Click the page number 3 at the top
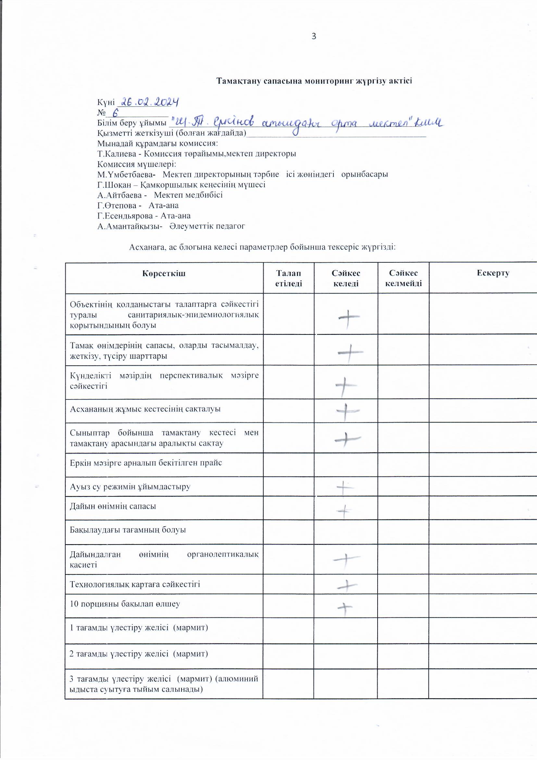314,36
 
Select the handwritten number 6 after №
115,113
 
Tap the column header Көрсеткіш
164,273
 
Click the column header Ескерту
493,273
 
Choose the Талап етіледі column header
288,278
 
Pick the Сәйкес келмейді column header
404,278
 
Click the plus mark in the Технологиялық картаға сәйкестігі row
347,586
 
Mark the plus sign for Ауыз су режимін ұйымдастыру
344,487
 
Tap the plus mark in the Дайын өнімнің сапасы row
344,511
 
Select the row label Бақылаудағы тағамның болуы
128,530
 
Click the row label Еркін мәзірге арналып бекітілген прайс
146,463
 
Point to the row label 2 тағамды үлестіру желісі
139,654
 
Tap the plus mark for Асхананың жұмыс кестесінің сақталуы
347,411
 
